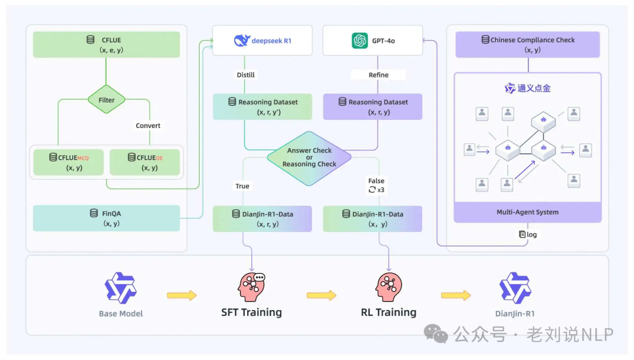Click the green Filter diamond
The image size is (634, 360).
[106, 100]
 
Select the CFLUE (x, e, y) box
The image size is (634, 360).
[106, 45]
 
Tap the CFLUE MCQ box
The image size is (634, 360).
[68, 162]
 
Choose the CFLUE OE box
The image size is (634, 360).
[145, 162]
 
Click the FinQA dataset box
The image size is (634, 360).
[106, 218]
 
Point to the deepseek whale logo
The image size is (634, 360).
[242, 41]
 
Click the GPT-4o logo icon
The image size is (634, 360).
[359, 41]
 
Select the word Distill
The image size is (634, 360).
[245, 75]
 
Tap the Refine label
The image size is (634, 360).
[379, 75]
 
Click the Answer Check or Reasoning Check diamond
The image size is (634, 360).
[309, 157]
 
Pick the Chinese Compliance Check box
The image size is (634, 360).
[528, 45]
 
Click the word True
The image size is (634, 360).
[242, 186]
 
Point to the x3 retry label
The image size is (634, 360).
[376, 190]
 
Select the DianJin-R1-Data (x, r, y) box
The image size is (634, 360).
[262, 218]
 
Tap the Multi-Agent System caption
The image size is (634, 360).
[528, 212]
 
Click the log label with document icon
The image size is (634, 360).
[528, 234]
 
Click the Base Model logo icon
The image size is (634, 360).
[121, 288]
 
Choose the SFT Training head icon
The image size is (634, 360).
[251, 287]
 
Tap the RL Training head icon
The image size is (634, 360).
[388, 287]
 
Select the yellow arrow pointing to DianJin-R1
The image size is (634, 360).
[456, 295]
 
